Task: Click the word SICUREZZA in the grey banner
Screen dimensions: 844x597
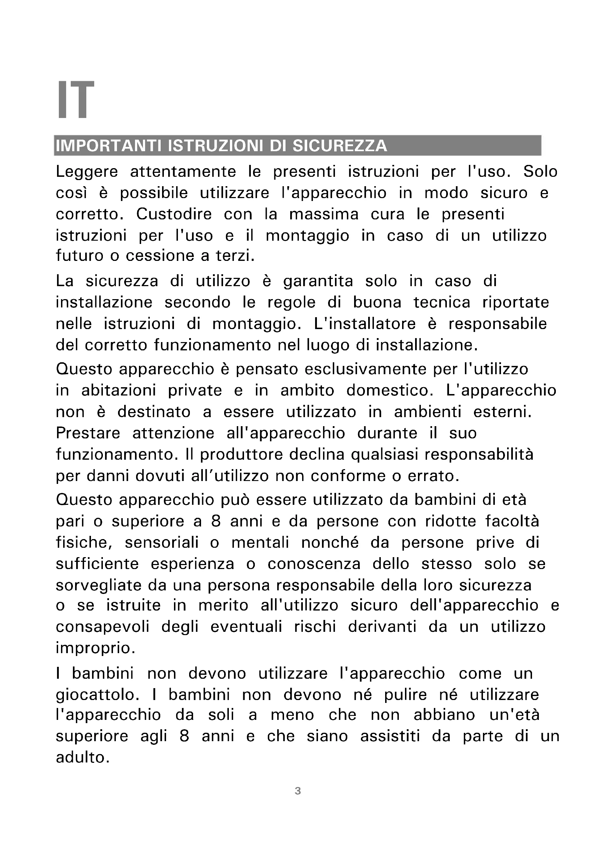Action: click(339, 146)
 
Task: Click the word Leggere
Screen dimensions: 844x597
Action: click(87, 172)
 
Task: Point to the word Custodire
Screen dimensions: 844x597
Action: click(174, 214)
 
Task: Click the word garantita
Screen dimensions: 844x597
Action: click(318, 281)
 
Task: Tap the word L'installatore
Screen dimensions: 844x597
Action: click(365, 324)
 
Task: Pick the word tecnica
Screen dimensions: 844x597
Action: click(441, 302)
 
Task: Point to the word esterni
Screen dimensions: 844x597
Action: click(502, 412)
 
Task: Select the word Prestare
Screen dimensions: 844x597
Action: click(88, 433)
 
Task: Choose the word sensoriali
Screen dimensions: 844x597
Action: click(161, 543)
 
